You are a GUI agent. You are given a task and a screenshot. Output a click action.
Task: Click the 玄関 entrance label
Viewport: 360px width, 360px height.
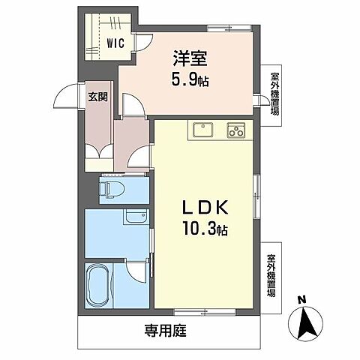(97, 97)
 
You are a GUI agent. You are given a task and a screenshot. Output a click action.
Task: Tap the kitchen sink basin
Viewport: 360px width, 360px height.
(202, 130)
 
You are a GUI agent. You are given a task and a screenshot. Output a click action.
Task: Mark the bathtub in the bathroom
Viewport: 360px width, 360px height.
(98, 288)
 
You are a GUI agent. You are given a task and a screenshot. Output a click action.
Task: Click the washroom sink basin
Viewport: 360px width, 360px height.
(136, 217)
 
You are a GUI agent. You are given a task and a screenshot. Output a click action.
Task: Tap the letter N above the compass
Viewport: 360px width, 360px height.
(301, 301)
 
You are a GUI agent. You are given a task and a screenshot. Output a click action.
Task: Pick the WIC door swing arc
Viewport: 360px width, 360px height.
(141, 43)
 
